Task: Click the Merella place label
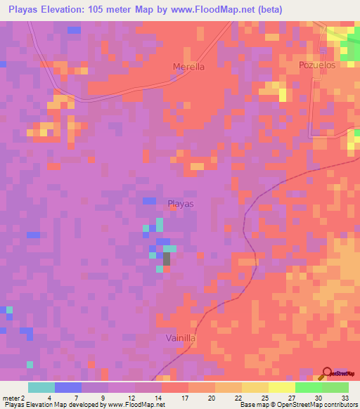point(188,67)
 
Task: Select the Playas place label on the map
point(181,204)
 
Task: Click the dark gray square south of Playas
point(167,258)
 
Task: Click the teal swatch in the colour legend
point(41,387)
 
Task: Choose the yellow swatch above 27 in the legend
point(282,387)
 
